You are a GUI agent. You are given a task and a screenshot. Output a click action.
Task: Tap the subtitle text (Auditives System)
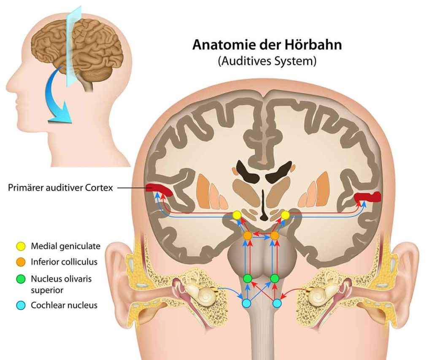[267, 61]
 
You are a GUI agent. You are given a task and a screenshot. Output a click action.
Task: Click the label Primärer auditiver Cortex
[60, 188]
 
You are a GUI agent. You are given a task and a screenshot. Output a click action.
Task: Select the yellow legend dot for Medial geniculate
[21, 246]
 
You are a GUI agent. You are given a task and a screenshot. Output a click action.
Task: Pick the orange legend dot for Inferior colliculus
[21, 262]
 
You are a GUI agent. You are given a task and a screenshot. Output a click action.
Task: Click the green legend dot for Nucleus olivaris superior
[21, 279]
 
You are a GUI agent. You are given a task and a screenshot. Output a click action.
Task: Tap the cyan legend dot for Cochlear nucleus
[21, 305]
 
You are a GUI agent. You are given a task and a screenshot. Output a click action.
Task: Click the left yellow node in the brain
[236, 215]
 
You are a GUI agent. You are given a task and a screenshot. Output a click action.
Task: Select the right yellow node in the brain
[285, 215]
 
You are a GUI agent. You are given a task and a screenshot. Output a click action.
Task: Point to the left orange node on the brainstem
[247, 236]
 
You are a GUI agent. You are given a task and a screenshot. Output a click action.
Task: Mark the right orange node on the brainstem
[274, 236]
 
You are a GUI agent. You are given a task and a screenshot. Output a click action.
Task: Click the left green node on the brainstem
[247, 279]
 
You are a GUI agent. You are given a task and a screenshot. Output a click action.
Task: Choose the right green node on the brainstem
[275, 279]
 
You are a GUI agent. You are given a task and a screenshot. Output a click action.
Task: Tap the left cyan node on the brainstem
[246, 304]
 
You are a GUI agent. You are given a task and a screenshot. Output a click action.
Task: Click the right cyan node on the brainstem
[277, 304]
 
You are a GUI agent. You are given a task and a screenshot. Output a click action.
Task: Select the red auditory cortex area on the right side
[367, 197]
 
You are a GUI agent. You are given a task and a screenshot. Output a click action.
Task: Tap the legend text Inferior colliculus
[64, 262]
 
